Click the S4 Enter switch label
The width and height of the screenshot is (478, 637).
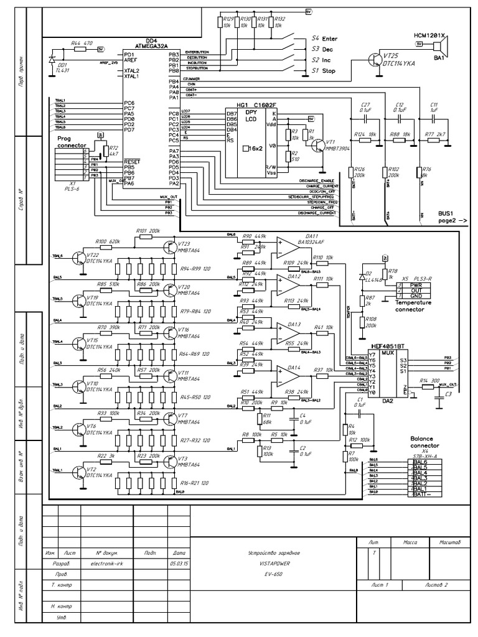pos(325,39)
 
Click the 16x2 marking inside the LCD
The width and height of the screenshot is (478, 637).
pos(255,149)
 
